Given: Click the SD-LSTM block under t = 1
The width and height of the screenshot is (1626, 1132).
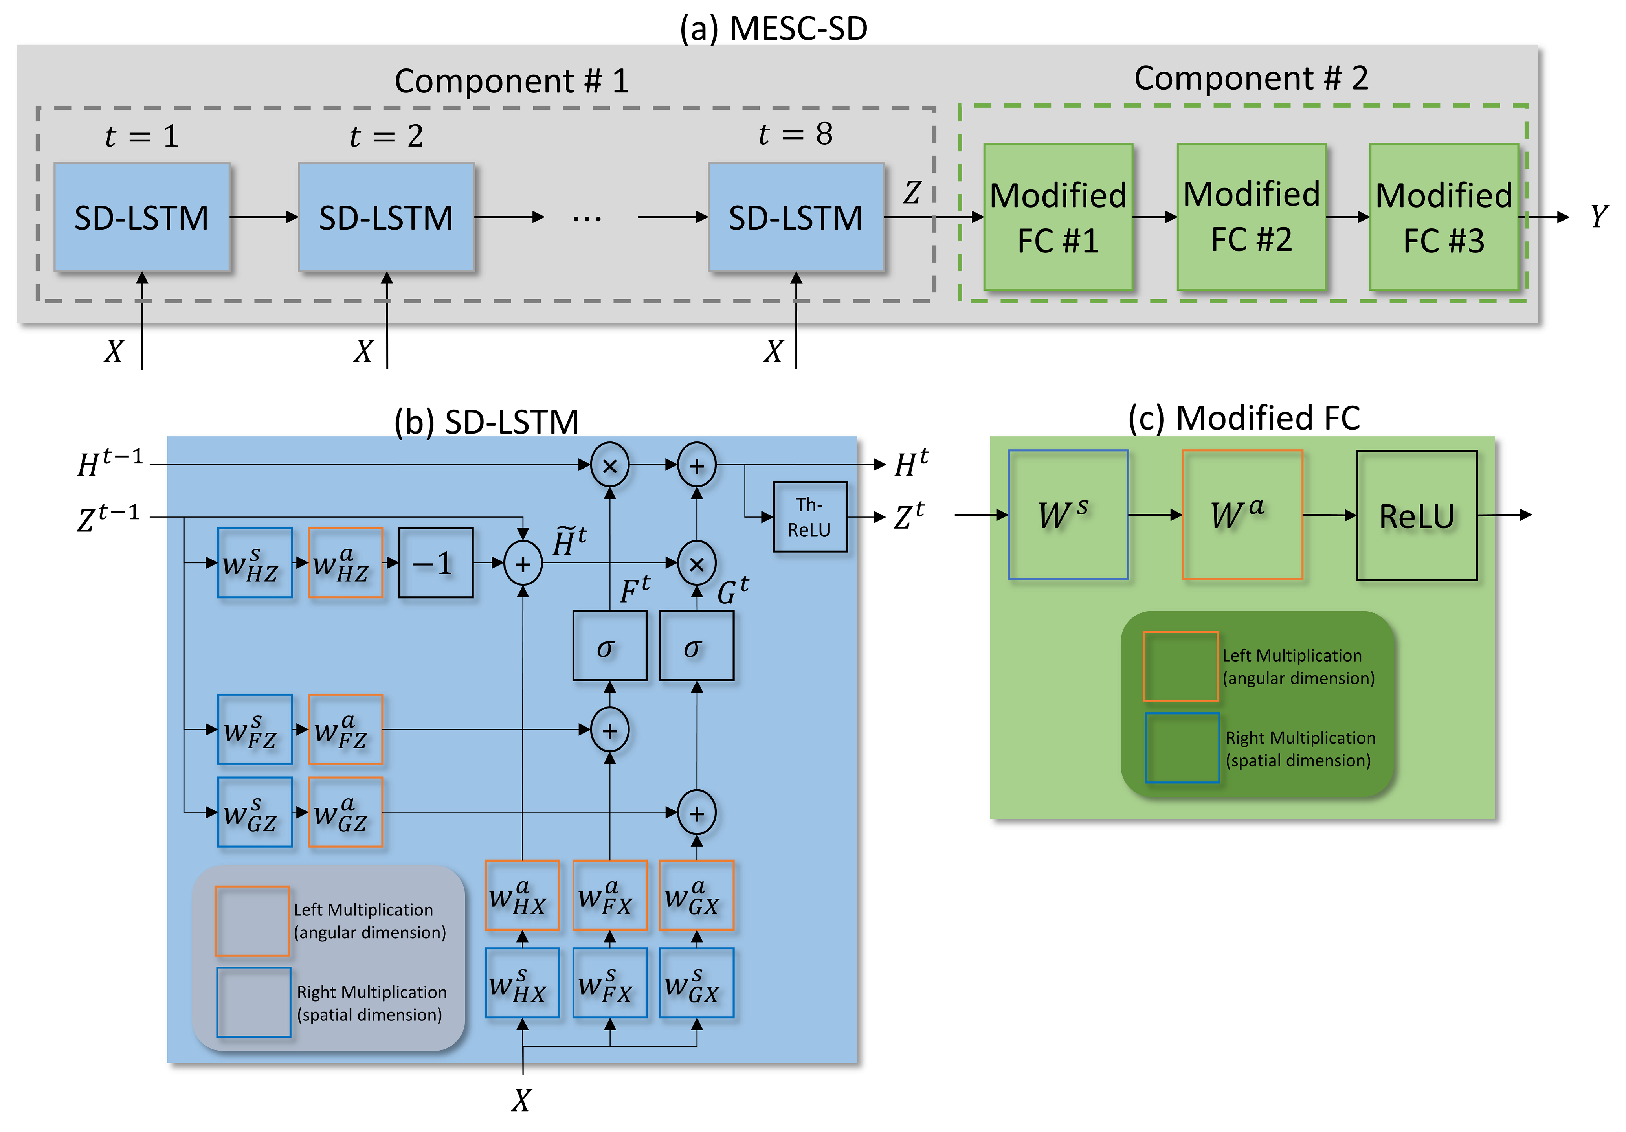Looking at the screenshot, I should [141, 217].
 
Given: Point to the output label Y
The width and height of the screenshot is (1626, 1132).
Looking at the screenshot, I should [1598, 217].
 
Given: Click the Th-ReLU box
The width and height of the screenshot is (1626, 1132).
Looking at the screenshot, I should [809, 517].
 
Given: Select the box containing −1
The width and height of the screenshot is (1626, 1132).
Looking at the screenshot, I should [435, 563].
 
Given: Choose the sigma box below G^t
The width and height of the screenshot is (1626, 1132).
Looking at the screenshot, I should [696, 646].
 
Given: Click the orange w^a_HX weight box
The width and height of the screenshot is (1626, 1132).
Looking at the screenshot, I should [522, 895].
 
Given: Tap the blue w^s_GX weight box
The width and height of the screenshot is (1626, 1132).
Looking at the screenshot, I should [696, 983].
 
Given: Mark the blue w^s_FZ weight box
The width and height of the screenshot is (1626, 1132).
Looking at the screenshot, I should [254, 730].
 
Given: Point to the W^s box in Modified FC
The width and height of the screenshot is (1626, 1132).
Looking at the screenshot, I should [1068, 515].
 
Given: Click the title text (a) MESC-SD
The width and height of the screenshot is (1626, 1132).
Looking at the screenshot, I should [773, 28].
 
